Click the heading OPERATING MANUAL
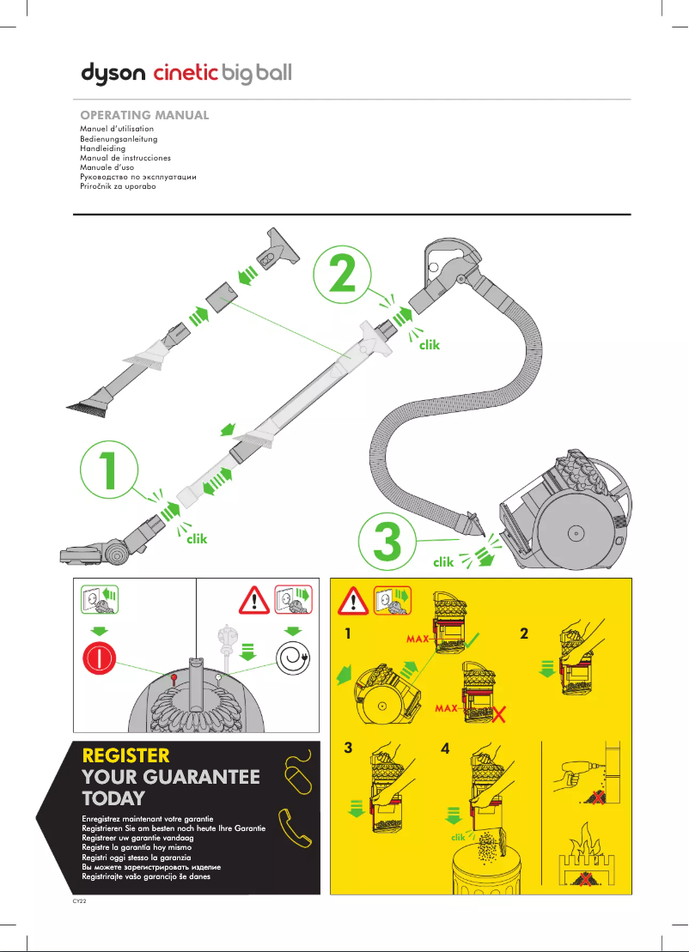click(144, 115)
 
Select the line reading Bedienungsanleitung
click(119, 138)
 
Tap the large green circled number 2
click(344, 274)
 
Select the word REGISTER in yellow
click(125, 756)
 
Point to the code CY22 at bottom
click(79, 902)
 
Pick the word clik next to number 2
click(429, 345)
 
